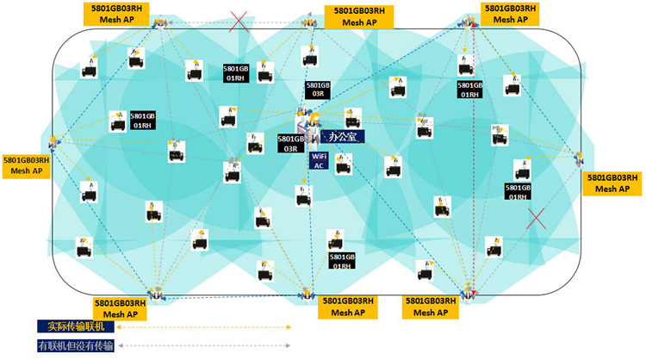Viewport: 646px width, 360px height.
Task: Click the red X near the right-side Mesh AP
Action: pos(536,218)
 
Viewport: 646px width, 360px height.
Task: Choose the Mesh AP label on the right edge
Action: pos(613,183)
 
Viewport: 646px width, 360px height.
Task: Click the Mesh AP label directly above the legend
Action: pos(127,308)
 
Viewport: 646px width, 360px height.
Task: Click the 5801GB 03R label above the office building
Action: pos(318,90)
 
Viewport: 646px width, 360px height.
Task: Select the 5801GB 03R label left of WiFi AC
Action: pos(291,143)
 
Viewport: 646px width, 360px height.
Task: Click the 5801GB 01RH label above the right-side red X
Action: pos(518,192)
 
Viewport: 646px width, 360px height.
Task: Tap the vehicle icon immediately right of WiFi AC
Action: pos(344,164)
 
